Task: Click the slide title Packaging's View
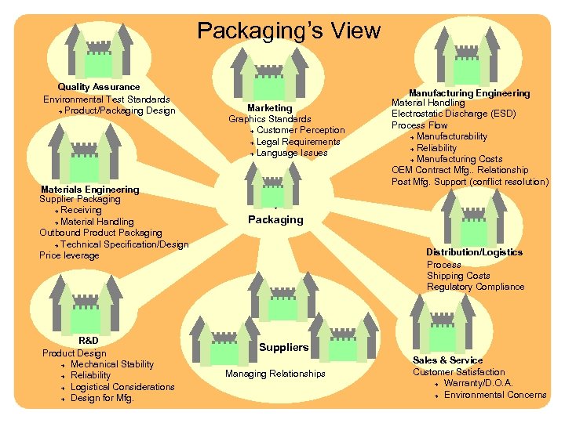coord(289,31)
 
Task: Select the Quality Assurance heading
coord(99,87)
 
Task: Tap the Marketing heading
coord(269,108)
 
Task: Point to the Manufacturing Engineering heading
coord(469,93)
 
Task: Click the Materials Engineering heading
coord(89,190)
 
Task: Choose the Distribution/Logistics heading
coord(474,252)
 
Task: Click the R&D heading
coord(89,342)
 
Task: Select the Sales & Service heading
coord(448,360)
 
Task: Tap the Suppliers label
coord(283,347)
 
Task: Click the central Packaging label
coord(275,220)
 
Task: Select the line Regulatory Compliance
coord(476,287)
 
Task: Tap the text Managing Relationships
coord(275,374)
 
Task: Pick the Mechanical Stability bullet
coord(112,364)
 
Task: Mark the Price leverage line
coord(69,255)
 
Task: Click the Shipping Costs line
coord(458,276)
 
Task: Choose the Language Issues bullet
coord(292,153)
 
